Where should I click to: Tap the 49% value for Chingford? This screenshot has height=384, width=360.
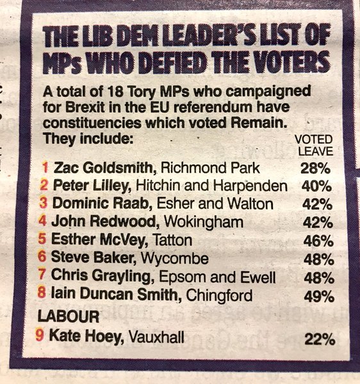point(316,297)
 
